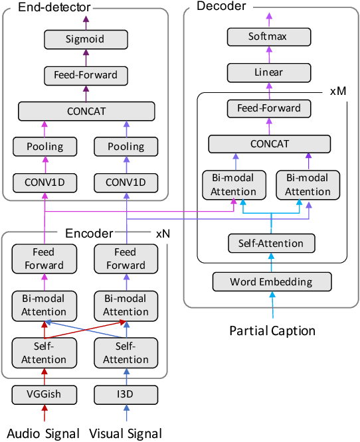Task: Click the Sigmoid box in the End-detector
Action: pyautogui.click(x=86, y=39)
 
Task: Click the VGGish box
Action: pyautogui.click(x=45, y=394)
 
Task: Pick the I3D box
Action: pyautogui.click(x=126, y=394)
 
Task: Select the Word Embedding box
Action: pyautogui.click(x=271, y=281)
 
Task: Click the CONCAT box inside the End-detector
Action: pyautogui.click(x=86, y=111)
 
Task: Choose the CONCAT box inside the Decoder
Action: pyautogui.click(x=269, y=143)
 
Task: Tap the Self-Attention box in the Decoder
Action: pyautogui.click(x=271, y=244)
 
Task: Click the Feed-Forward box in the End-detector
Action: pyautogui.click(x=86, y=74)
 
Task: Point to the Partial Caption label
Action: pyautogui.click(x=272, y=330)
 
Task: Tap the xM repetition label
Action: pyautogui.click(x=337, y=89)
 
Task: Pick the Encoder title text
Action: pyautogui.click(x=88, y=234)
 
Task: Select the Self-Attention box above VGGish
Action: pyautogui.click(x=45, y=353)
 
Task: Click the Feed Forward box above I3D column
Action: pyautogui.click(x=126, y=258)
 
